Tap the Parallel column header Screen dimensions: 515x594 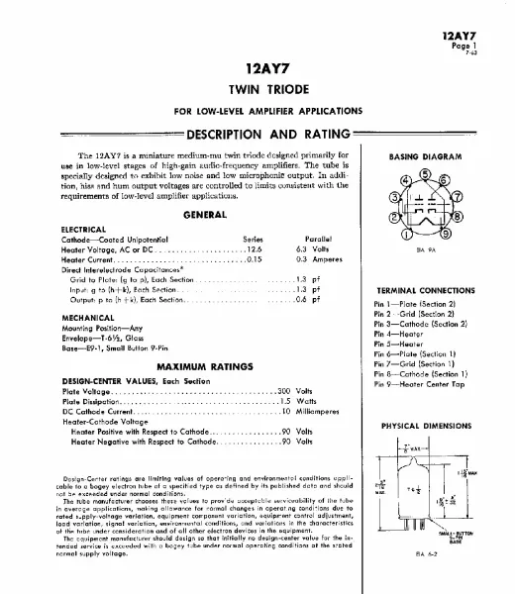pyautogui.click(x=314, y=239)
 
